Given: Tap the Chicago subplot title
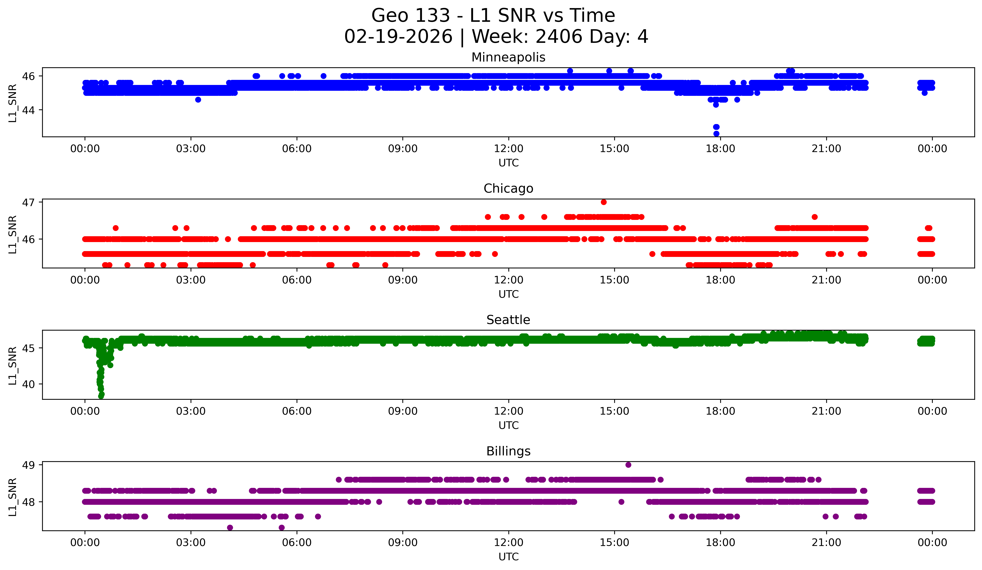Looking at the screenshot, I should click(508, 188).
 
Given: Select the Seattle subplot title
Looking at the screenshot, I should click(508, 320).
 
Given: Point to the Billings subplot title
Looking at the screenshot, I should click(508, 451).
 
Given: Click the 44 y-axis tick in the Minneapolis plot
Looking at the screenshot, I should click(28, 110).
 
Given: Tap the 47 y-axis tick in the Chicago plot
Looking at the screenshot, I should click(28, 203).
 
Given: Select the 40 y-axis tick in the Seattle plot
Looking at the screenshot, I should click(28, 384).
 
